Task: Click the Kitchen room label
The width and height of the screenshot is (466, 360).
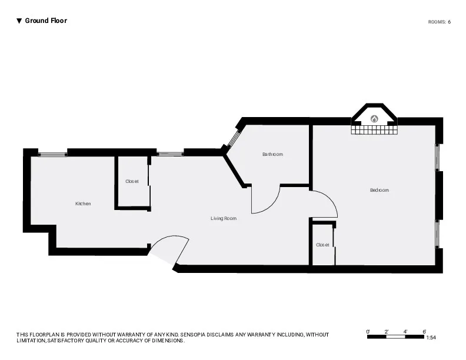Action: pos(83,204)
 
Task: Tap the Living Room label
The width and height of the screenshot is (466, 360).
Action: pos(224,218)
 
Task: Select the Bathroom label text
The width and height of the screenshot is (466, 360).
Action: pos(272,154)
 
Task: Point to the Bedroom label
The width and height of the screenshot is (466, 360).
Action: pos(379,190)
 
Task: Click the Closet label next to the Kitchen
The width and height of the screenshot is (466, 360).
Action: pos(132,181)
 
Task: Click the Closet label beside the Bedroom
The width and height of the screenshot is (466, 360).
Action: pos(322,245)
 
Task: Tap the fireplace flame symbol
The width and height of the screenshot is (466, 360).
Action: pos(374,118)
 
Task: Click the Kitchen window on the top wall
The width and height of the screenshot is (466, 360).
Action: pos(52,154)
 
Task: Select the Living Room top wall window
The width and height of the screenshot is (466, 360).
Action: pos(170,154)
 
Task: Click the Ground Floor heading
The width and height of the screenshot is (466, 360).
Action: pos(46,21)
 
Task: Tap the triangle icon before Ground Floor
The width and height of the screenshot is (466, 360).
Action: pos(19,21)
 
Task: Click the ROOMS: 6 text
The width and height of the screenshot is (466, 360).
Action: pos(439,22)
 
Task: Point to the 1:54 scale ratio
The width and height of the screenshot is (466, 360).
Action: pos(431,338)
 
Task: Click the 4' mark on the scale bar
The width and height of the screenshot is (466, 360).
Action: pos(405,332)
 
